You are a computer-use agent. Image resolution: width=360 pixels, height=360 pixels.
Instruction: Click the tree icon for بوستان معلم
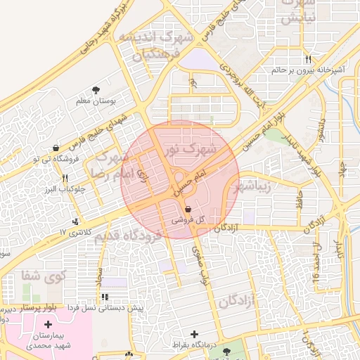coord(96,90)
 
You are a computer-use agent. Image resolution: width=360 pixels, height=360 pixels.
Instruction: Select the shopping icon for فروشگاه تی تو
coord(55,148)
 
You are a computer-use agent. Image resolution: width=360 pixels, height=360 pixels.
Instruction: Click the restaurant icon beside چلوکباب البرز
coord(65,178)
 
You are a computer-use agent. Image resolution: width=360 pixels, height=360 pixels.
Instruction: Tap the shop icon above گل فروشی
coord(187,209)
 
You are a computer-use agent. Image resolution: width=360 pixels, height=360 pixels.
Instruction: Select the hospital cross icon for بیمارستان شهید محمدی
coord(48,324)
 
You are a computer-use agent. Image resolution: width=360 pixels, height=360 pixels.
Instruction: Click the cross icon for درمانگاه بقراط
coord(195,334)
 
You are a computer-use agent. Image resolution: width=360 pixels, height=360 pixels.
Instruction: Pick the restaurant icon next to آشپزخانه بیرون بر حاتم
coord(309,59)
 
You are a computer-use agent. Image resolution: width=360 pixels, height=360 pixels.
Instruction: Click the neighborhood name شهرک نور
coord(190,148)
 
